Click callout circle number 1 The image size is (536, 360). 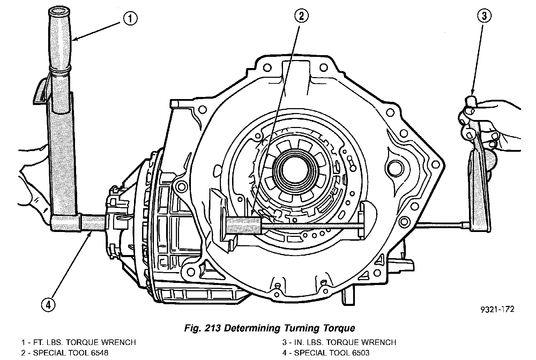[129, 18]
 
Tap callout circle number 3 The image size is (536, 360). [484, 16]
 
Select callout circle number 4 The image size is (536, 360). [48, 305]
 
